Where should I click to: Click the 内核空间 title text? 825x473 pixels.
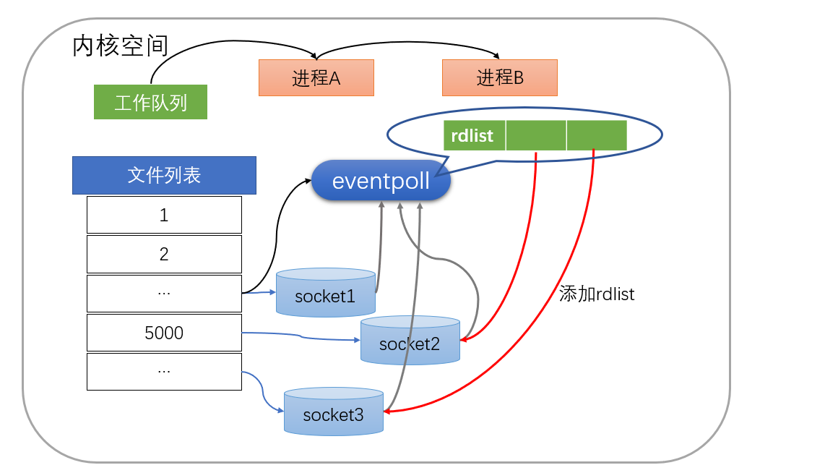[120, 46]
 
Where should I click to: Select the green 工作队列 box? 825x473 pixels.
[150, 102]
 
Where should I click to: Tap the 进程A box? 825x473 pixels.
[316, 77]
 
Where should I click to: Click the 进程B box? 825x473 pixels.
[500, 77]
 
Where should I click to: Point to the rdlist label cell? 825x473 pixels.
[474, 135]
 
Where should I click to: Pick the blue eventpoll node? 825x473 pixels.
[381, 181]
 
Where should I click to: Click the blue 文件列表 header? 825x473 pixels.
[164, 175]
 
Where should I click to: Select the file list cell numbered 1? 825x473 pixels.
[164, 215]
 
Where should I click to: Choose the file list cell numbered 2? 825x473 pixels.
[164, 254]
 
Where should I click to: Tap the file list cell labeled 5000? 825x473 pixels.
[164, 333]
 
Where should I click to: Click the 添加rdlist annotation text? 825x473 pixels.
[597, 294]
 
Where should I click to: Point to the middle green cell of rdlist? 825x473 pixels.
[536, 135]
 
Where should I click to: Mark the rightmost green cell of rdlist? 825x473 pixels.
[597, 135]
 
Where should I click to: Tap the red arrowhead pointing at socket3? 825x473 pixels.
[388, 412]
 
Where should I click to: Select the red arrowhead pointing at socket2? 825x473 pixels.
[465, 338]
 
